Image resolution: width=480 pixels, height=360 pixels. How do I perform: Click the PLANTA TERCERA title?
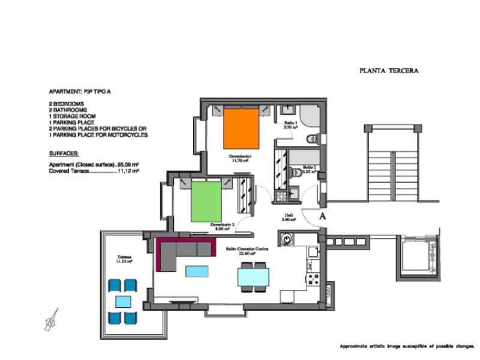point(388,70)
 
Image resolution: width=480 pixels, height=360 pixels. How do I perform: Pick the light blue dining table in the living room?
point(253,277)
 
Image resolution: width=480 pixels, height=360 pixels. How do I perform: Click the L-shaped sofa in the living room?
point(180,251)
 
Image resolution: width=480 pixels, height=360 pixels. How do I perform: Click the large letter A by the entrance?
point(323,215)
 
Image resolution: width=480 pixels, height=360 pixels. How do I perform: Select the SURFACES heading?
point(64,153)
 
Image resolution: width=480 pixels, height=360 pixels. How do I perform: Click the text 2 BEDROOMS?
point(67,104)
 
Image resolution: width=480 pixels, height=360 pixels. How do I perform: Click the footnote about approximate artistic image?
point(407,347)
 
